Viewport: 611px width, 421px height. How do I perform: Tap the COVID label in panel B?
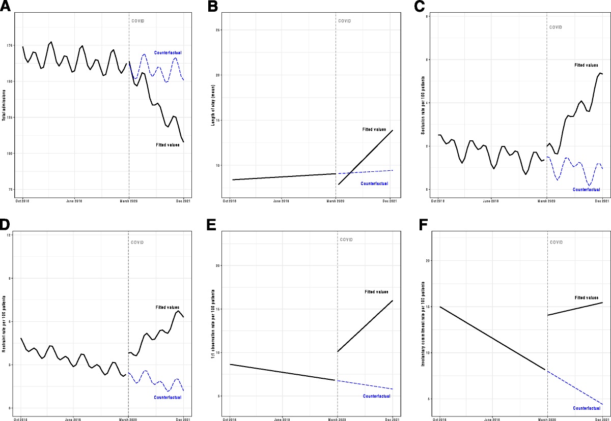pos(345,21)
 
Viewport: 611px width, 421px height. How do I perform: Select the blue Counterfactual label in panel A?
pos(168,53)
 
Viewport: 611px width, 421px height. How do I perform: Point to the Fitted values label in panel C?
pos(585,66)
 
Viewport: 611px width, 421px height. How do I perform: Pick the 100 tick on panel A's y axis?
pos(11,154)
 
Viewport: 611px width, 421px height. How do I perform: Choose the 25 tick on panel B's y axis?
pos(218,31)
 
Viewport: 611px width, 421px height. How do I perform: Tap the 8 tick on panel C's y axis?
pos(426,16)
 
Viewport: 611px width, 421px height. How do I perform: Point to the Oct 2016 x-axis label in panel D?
pos(21,420)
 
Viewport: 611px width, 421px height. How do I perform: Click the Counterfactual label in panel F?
pos(586,408)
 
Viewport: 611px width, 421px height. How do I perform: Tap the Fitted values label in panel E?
pos(377,292)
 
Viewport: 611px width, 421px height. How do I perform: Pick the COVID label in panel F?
pos(557,242)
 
